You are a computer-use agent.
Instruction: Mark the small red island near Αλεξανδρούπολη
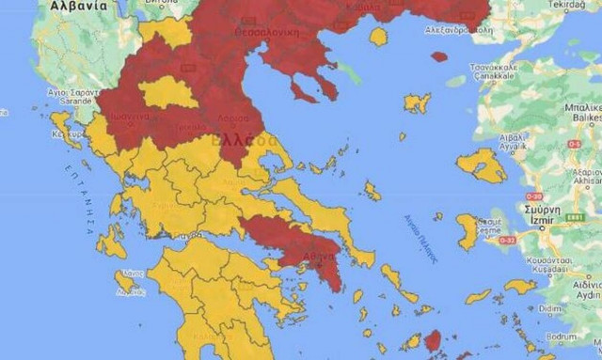(439, 56)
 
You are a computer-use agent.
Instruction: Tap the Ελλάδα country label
(245, 141)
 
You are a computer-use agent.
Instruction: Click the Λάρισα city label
(234, 119)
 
